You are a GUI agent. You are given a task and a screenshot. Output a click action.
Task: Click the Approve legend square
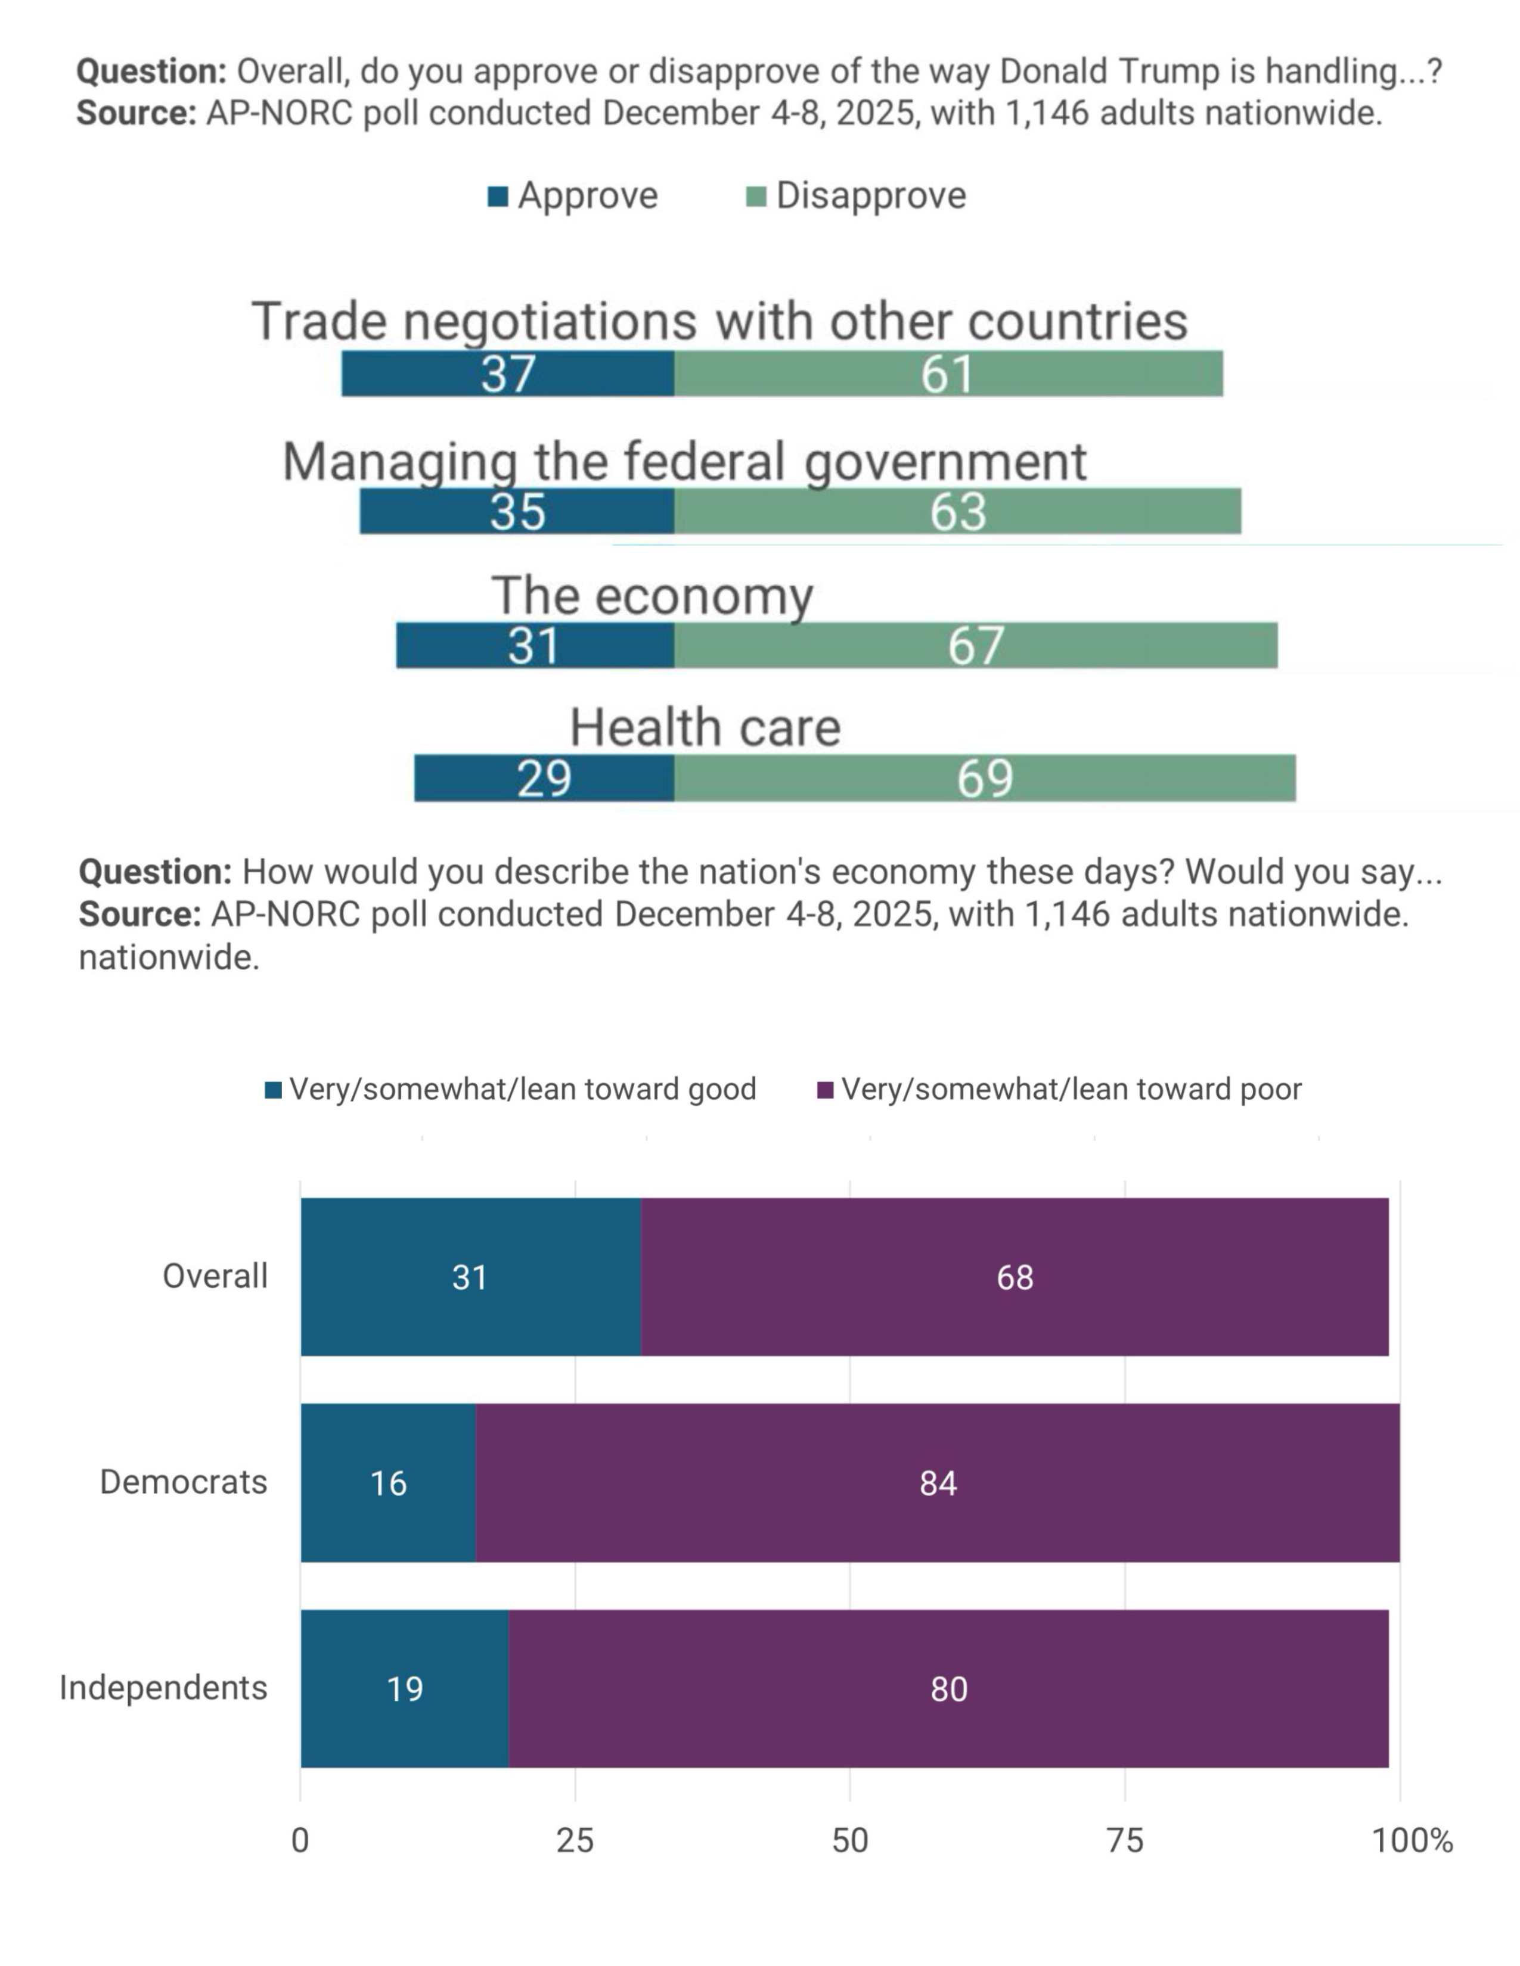click(x=498, y=196)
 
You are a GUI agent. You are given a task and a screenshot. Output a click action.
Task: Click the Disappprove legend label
click(x=871, y=196)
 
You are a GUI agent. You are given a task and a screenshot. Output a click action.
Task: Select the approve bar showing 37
click(x=508, y=374)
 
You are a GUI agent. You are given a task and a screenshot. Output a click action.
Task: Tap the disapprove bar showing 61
click(x=948, y=374)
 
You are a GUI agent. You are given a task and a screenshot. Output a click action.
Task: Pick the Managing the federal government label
click(x=684, y=461)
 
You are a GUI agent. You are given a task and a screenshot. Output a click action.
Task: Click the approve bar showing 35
click(x=517, y=511)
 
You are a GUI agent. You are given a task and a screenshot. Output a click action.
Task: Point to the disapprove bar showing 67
click(x=975, y=645)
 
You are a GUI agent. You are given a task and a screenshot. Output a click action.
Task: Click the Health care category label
click(x=705, y=727)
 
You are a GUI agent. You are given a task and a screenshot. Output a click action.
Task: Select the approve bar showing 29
click(x=544, y=777)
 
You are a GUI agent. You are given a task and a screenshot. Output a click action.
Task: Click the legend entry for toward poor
click(x=1059, y=1089)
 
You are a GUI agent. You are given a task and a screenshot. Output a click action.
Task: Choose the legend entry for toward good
click(x=511, y=1089)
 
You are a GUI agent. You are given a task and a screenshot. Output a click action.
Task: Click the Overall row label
click(x=215, y=1277)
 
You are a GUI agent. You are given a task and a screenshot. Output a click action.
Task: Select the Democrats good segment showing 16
click(x=388, y=1483)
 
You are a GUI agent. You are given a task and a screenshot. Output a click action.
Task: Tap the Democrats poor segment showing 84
click(x=938, y=1483)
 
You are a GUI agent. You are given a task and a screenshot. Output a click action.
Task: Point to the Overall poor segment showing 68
click(x=1015, y=1277)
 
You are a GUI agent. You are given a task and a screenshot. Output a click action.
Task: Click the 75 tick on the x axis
click(x=1125, y=1841)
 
